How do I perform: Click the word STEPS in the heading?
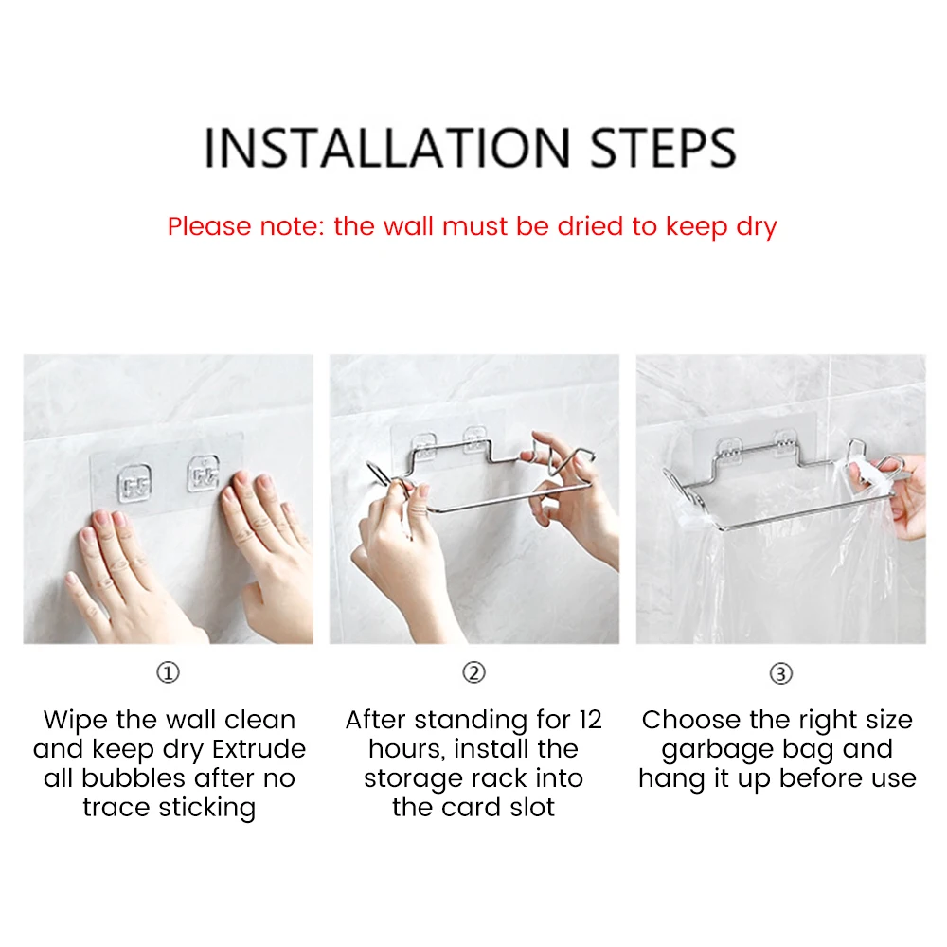click(663, 148)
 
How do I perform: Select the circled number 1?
click(168, 672)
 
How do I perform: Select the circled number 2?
click(473, 672)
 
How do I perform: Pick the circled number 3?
click(780, 673)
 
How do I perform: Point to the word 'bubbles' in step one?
click(124, 777)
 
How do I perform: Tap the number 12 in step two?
click(590, 720)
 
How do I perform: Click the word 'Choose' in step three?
click(681, 720)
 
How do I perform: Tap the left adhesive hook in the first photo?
click(134, 483)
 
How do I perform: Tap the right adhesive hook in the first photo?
click(203, 474)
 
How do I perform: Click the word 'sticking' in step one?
click(207, 808)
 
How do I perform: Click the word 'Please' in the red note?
click(208, 226)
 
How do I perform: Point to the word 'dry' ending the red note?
click(756, 227)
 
